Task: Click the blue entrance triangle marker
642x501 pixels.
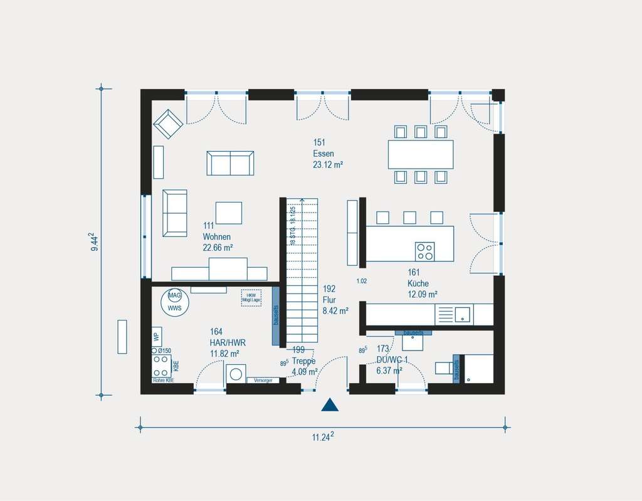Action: point(330,405)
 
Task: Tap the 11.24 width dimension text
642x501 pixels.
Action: point(323,437)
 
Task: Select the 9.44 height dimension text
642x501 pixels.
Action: point(95,241)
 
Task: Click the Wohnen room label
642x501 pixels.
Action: point(217,237)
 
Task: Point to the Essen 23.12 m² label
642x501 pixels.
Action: point(327,154)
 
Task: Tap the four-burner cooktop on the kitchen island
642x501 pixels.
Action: point(424,251)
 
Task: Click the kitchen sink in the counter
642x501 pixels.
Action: point(463,314)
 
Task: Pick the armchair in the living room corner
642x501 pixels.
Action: point(169,124)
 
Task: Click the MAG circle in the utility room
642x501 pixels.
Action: point(175,295)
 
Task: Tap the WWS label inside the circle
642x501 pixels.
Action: point(175,307)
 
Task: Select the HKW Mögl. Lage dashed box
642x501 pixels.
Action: point(251,297)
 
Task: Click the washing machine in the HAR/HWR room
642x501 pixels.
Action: point(236,374)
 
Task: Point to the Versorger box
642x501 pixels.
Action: point(263,381)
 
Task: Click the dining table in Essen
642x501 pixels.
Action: point(420,154)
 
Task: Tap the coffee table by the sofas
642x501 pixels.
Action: point(229,212)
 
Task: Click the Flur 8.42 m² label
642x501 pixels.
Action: point(331,300)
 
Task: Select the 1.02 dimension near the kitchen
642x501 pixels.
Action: point(362,282)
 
